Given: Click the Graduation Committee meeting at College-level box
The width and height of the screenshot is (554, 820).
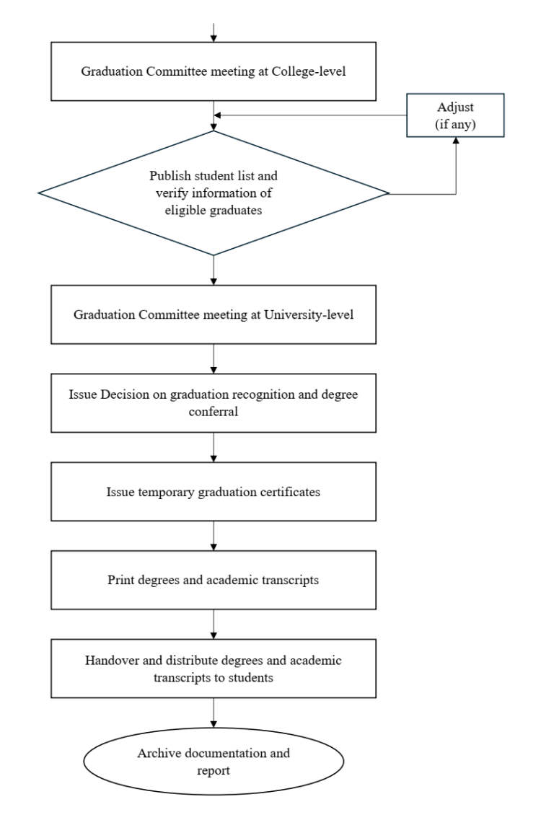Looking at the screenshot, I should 214,71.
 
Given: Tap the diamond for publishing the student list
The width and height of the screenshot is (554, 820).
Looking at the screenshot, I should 214,193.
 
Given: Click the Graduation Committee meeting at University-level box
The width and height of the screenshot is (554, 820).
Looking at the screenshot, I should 214,314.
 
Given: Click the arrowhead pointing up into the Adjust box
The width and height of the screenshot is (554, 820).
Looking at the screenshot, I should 456,142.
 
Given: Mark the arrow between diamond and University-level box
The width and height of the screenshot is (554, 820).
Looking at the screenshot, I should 214,270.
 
